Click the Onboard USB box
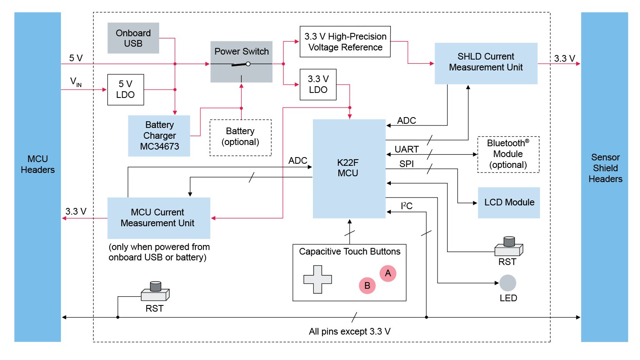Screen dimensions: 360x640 [x=133, y=38]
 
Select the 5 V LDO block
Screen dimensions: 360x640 [x=125, y=90]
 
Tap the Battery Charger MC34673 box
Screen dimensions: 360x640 [x=159, y=136]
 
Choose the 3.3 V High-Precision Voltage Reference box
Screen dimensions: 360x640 [x=345, y=42]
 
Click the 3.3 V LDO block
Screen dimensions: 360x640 [x=318, y=85]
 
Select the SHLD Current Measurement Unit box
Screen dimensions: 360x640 [x=486, y=63]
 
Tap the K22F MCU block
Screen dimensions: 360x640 [x=349, y=168]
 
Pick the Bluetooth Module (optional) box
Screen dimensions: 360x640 [x=508, y=154]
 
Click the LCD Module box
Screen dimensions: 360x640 [x=509, y=202]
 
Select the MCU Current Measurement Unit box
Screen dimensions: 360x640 [x=159, y=218]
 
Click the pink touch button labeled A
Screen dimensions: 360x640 [x=388, y=273]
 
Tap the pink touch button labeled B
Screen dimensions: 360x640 [x=367, y=285]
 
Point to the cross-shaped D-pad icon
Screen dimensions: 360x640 [x=317, y=279]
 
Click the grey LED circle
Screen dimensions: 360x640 [x=507, y=283]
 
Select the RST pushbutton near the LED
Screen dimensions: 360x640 [x=508, y=247]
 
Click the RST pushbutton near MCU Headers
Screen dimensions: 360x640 [x=155, y=292]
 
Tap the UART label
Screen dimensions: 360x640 [x=407, y=149]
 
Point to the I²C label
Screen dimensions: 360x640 [x=407, y=206]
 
